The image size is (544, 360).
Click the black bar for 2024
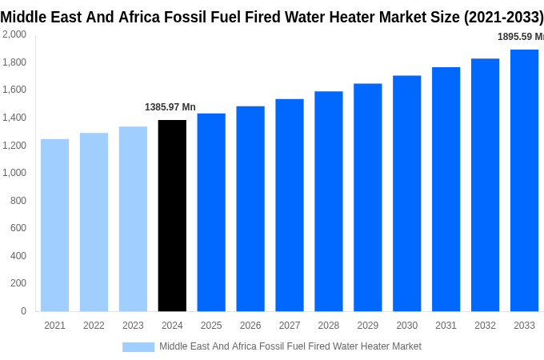[172, 215]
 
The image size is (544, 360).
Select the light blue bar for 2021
[54, 225]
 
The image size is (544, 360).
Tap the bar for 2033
[524, 180]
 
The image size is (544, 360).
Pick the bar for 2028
[328, 201]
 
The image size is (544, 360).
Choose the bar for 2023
[133, 218]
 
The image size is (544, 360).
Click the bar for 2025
[211, 212]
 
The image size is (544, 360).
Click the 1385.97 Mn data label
[170, 107]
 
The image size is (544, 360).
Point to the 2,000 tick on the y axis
[14, 34]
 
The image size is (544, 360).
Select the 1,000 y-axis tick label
[14, 173]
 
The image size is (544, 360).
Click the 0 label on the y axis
[23, 311]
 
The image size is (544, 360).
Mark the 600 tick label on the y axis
[18, 228]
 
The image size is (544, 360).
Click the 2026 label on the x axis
[250, 326]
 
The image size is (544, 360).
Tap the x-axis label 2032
[485, 326]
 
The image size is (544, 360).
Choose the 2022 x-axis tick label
[94, 326]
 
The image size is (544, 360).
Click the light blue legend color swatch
[138, 346]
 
